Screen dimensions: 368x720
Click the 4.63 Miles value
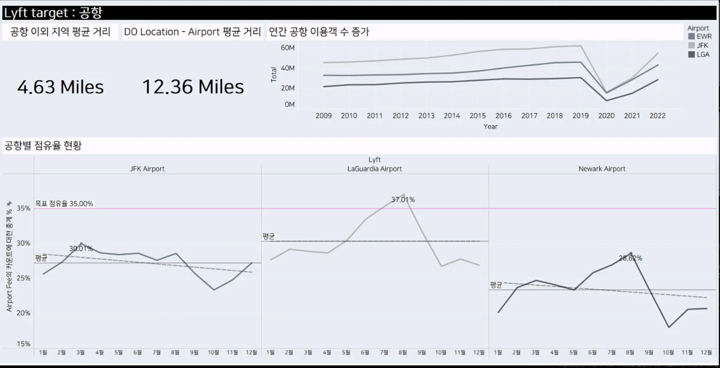(x=60, y=87)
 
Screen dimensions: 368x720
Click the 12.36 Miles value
(x=193, y=87)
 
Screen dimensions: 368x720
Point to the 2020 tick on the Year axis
(x=606, y=116)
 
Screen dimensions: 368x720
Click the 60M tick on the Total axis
(x=288, y=48)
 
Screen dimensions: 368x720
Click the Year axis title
(x=490, y=127)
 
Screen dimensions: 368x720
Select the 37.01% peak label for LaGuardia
(x=403, y=200)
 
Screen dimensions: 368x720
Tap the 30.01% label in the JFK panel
(x=81, y=248)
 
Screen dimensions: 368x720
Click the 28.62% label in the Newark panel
(x=630, y=258)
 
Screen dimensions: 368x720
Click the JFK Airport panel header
(x=147, y=169)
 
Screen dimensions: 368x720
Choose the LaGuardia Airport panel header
(x=374, y=169)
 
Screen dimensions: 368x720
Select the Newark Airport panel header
(x=602, y=169)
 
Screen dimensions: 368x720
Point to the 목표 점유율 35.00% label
(x=64, y=204)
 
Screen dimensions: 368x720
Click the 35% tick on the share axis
(x=23, y=208)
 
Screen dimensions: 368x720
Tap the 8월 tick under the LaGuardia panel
(x=403, y=352)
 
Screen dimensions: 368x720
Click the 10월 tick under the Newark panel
(x=668, y=352)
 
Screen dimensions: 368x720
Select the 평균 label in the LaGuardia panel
(x=269, y=237)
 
